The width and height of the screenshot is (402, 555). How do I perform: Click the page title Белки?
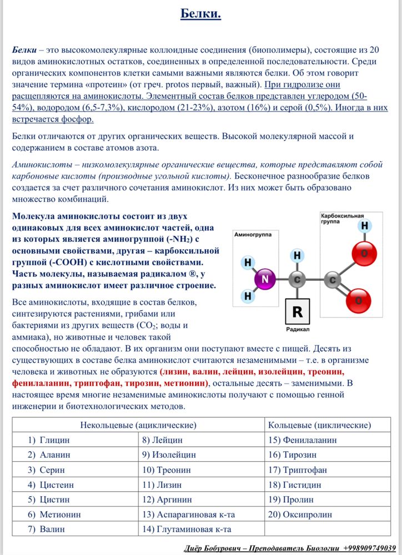200,14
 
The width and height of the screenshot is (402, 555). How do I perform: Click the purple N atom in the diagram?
265,280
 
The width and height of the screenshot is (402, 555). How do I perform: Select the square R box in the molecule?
298,311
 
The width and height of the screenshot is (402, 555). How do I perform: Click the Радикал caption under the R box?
298,329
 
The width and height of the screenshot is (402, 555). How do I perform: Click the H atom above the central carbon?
298,255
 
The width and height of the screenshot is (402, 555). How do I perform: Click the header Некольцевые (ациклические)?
138,425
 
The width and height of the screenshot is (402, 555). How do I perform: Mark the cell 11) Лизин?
162,485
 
